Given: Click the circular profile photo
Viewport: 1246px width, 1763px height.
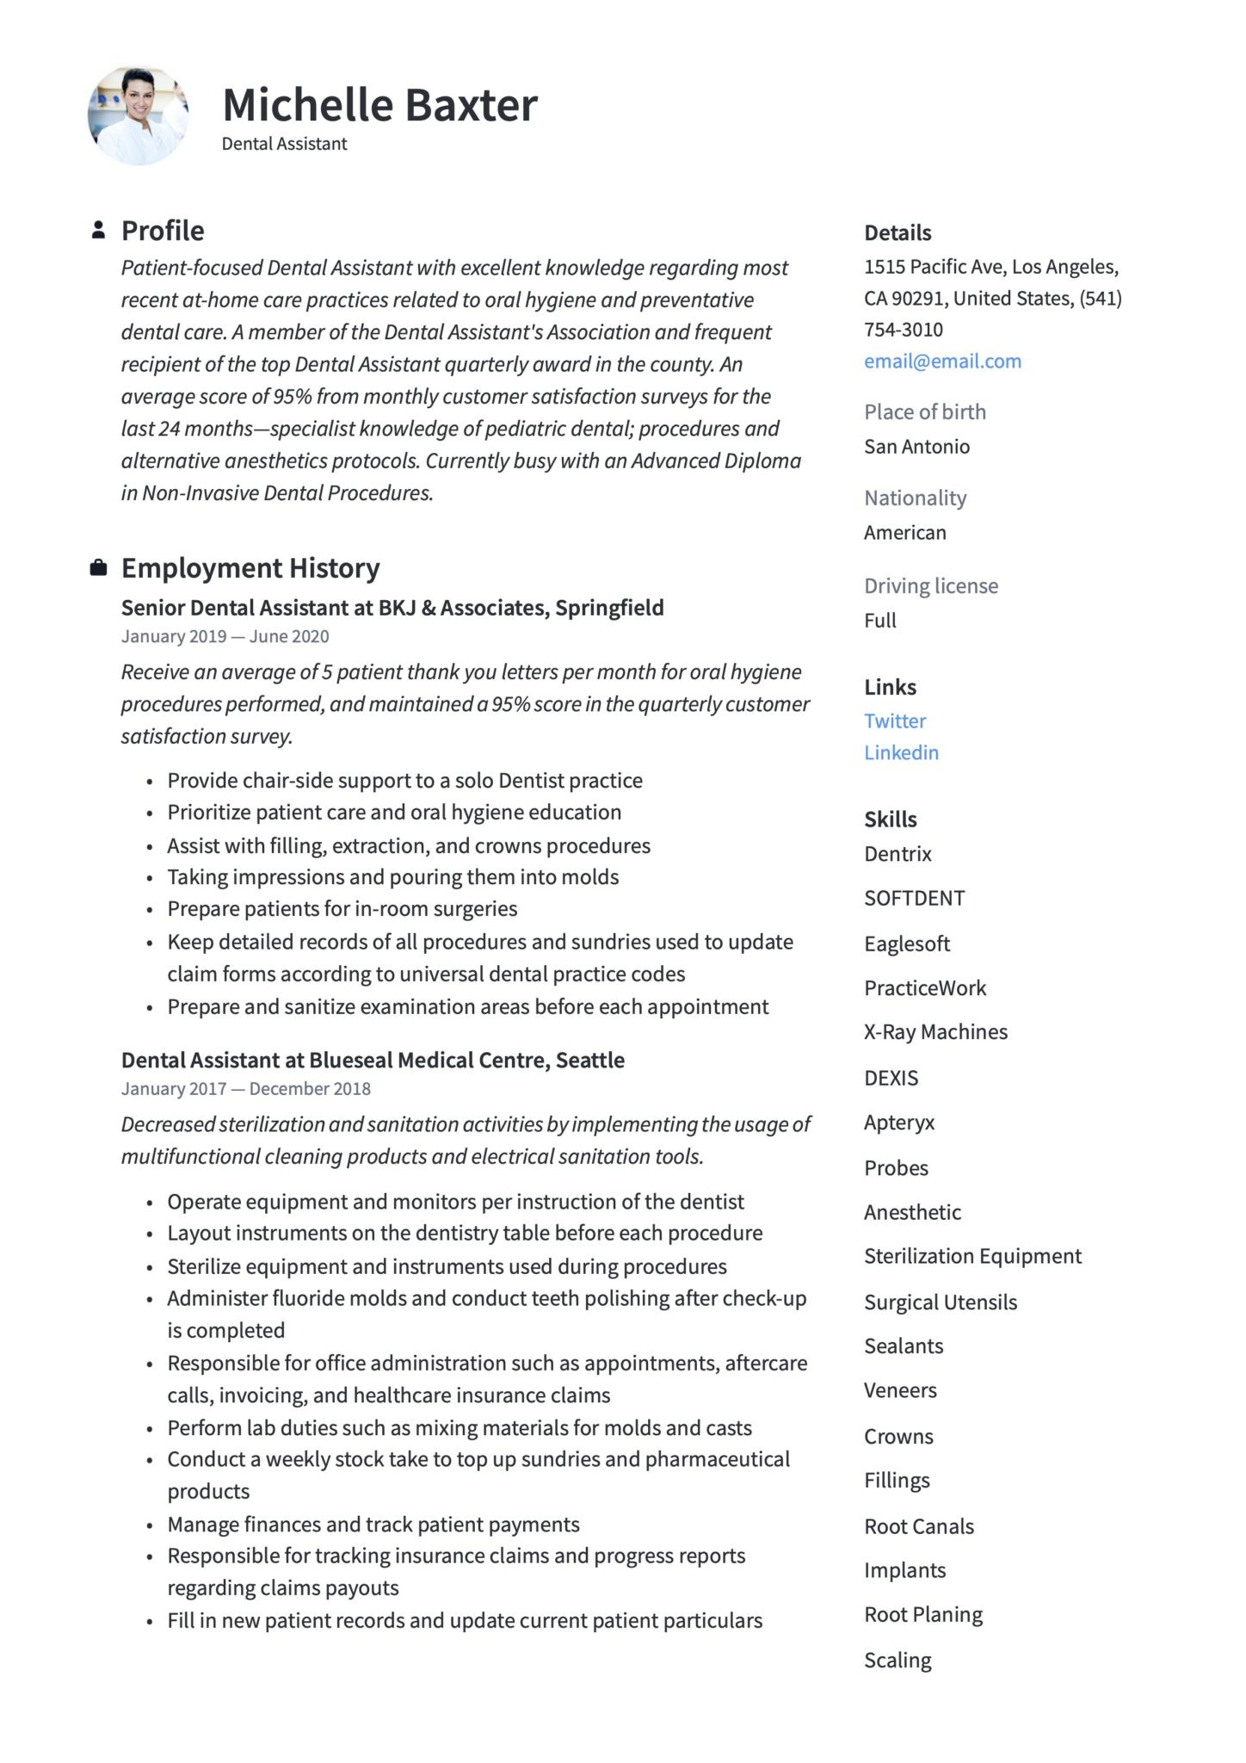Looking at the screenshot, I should [138, 115].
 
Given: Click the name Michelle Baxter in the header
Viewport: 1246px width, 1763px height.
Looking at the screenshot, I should [379, 105].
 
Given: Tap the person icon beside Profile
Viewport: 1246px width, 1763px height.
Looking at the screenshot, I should [98, 230].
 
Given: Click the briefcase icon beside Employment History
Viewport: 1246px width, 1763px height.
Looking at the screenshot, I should [98, 567].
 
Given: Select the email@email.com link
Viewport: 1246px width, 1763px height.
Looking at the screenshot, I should [942, 361].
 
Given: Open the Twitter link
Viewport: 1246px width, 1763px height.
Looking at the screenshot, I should [895, 721].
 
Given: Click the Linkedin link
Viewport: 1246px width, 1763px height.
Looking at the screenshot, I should [901, 752].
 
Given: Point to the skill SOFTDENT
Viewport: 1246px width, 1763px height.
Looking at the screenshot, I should [914, 898].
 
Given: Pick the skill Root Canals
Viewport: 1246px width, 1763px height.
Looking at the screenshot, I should [919, 1526].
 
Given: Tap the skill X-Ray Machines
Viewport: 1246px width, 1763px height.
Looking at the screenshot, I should [935, 1031].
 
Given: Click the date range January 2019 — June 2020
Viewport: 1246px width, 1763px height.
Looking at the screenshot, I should [225, 636].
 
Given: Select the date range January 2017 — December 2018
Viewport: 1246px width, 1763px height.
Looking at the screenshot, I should [245, 1088].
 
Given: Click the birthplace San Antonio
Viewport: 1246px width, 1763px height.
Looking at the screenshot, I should [916, 446].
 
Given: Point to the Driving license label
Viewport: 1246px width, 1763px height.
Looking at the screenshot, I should [931, 585].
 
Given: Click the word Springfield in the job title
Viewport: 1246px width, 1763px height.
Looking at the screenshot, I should [609, 608].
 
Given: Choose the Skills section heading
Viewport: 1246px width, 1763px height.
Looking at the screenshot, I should [890, 819].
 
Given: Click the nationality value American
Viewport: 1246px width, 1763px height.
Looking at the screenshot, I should [904, 532].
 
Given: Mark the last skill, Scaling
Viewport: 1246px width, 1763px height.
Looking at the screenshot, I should [897, 1660].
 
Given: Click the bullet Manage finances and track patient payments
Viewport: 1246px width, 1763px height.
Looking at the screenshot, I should [373, 1525].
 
